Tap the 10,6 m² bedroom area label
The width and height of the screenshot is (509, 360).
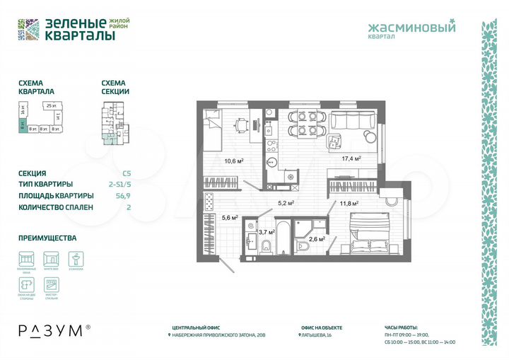click(x=234, y=161)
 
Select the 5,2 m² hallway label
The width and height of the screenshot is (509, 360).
click(x=285, y=203)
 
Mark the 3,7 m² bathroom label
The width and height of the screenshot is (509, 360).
click(x=266, y=231)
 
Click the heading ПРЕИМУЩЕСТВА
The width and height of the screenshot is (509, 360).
click(x=47, y=238)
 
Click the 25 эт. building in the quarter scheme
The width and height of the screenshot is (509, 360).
click(x=49, y=106)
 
